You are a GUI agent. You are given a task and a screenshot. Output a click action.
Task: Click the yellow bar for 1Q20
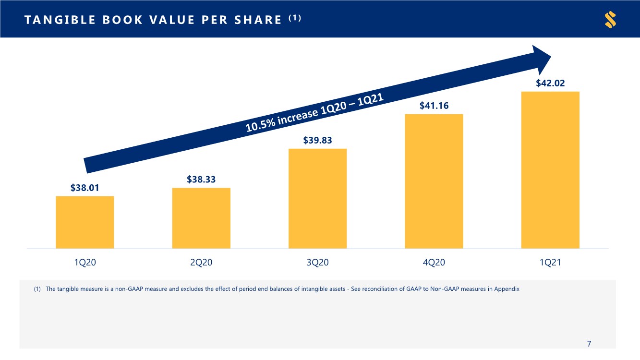85,222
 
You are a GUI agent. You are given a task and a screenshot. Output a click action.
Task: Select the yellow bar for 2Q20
201,218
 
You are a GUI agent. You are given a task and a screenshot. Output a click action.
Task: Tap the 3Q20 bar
317,199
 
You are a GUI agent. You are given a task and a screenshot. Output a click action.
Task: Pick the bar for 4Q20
434,181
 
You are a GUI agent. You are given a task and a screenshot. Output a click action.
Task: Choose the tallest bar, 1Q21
550,170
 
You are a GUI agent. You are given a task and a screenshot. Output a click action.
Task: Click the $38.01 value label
85,188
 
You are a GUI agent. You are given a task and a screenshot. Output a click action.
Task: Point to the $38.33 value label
201,180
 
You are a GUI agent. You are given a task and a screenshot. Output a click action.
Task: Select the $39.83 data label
317,140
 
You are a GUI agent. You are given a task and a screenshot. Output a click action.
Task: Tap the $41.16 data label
434,106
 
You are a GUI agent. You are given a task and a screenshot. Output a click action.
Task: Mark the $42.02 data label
550,83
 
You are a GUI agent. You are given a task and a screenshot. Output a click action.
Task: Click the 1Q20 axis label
85,262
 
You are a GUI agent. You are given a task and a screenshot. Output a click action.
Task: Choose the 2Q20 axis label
201,262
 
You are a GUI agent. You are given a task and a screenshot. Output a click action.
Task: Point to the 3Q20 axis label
317,262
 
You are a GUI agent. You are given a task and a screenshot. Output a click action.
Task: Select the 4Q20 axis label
434,262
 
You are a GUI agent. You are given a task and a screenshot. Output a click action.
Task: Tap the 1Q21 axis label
550,262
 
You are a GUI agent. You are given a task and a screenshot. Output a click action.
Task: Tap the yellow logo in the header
611,20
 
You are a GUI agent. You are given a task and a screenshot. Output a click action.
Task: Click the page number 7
589,344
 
